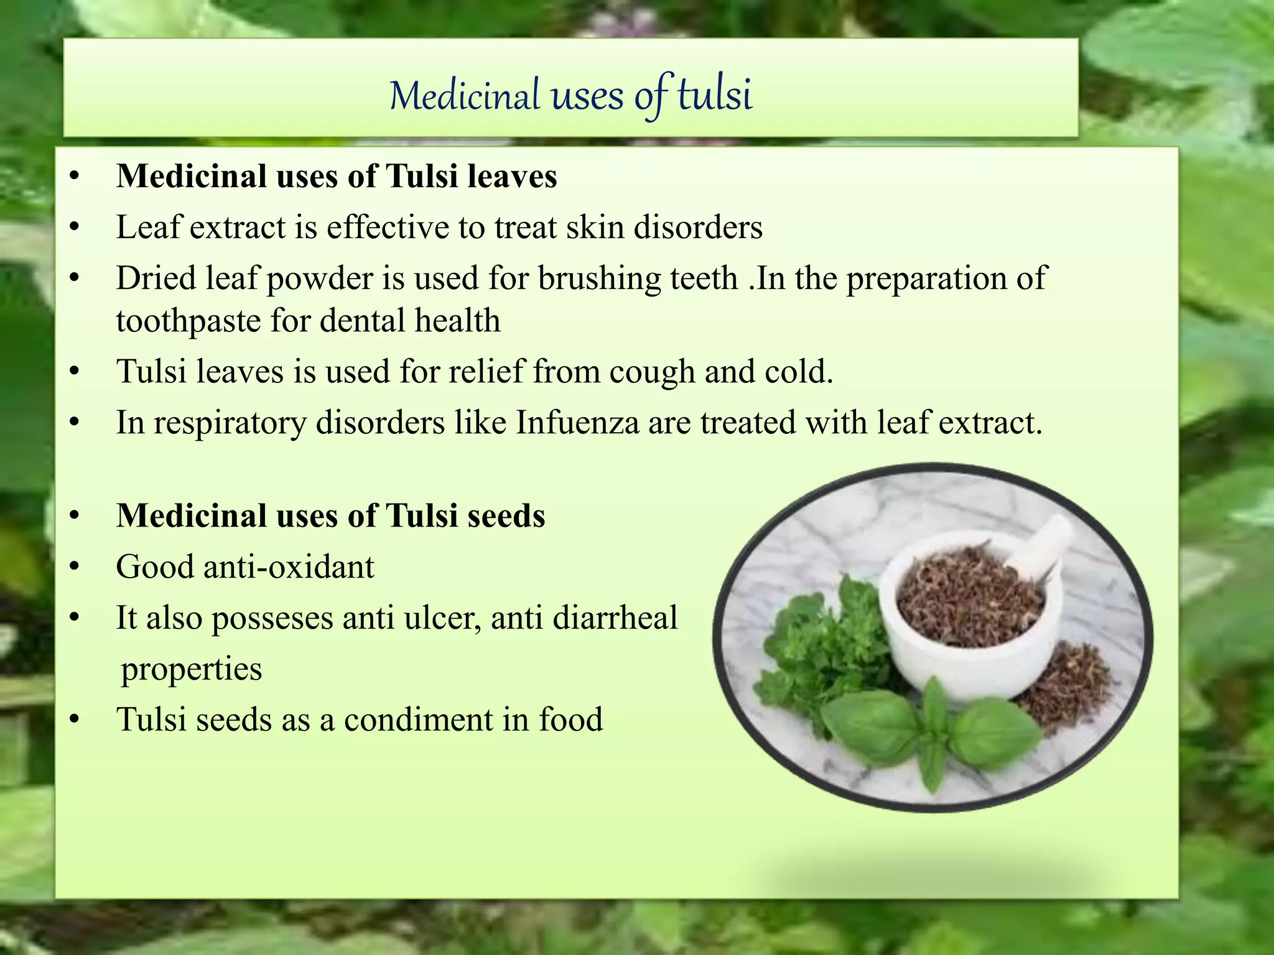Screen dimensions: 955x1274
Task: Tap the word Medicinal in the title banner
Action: [x=465, y=96]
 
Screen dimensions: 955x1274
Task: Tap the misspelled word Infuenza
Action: [x=577, y=423]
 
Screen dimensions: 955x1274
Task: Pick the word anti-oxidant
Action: [x=289, y=567]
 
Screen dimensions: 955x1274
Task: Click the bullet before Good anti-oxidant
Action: [x=75, y=567]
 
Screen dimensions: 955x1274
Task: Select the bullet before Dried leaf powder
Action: [x=75, y=279]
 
